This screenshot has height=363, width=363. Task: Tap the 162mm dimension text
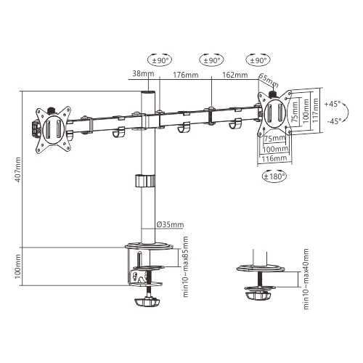click(234, 75)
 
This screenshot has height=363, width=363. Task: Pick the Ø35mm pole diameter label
click(171, 224)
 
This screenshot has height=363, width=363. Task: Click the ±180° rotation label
click(273, 175)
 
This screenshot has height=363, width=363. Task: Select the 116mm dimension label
click(273, 158)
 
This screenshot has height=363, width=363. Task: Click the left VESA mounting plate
click(53, 129)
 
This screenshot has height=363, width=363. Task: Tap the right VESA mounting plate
click(276, 113)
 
